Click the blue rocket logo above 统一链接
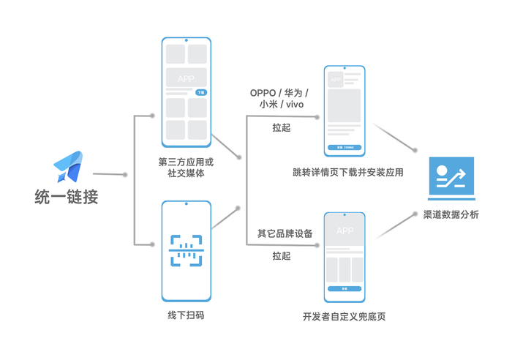[x=69, y=166]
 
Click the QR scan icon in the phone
[x=186, y=250]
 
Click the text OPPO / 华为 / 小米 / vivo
[x=279, y=99]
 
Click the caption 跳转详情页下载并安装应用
[x=348, y=173]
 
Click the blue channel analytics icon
[x=451, y=178]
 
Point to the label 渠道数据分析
[x=451, y=215]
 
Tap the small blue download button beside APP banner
[x=201, y=93]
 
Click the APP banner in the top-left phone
[x=186, y=78]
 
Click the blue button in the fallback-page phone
[x=344, y=289]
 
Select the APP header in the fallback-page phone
[x=344, y=231]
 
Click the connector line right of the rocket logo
[x=110, y=174]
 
